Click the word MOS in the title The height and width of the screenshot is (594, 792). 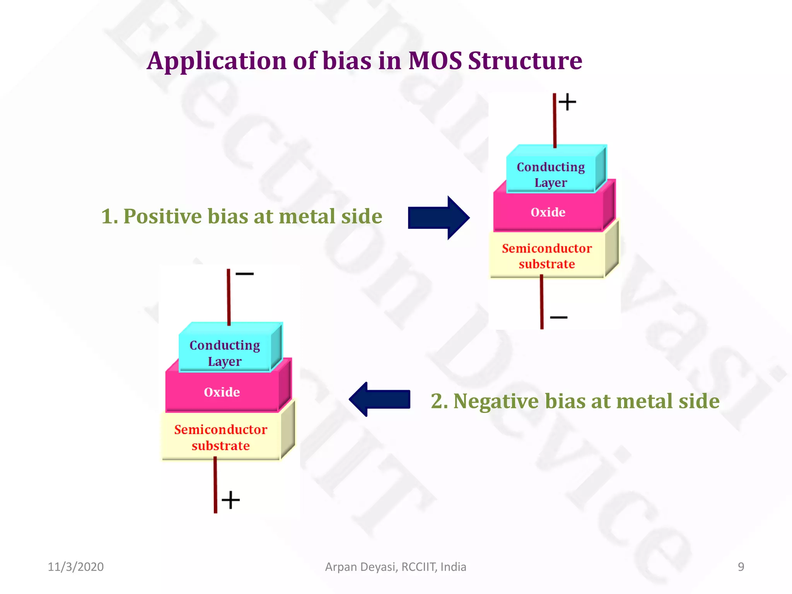(x=435, y=61)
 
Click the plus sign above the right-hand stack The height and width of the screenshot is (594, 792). (x=567, y=102)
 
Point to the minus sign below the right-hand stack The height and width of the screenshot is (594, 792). (x=558, y=317)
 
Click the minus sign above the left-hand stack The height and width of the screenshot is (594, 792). (x=244, y=274)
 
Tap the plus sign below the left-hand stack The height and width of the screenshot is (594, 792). (x=231, y=500)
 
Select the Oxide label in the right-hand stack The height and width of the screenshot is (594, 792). (x=548, y=212)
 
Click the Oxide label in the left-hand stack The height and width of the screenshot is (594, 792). (x=222, y=392)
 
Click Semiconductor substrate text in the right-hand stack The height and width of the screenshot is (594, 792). (x=547, y=256)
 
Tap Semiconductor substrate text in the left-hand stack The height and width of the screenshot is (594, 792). (x=220, y=437)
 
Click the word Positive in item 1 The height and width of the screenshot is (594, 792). (x=163, y=216)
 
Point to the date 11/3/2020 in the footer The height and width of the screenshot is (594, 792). (x=76, y=567)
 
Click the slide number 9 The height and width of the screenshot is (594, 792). (x=741, y=567)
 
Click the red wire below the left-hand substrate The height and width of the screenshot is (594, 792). (x=215, y=485)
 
